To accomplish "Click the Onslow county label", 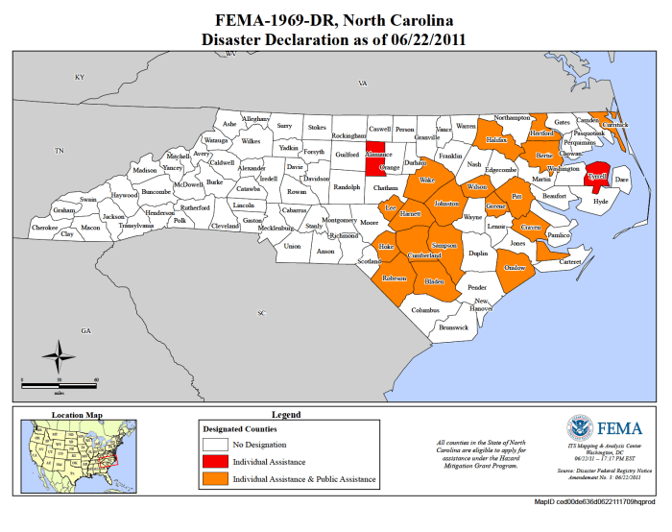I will [x=516, y=268].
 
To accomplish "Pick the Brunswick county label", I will [x=452, y=327].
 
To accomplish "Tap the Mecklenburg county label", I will [x=275, y=228].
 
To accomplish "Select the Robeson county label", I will [x=395, y=278].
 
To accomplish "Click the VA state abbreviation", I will [x=363, y=84].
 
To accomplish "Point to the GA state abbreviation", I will [x=85, y=330].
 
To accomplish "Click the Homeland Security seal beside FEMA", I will [x=579, y=428].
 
